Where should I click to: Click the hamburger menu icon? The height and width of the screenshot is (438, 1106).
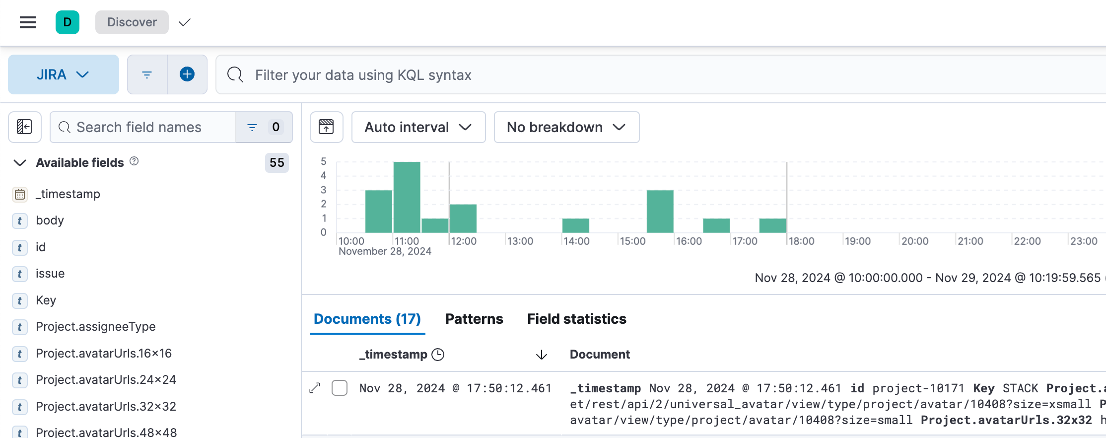(28, 22)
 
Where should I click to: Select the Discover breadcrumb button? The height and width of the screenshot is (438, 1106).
(132, 22)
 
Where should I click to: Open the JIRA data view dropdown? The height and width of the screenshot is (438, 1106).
(63, 74)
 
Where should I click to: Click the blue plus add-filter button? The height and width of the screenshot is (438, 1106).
(187, 74)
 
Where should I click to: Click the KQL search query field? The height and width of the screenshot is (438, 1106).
(645, 75)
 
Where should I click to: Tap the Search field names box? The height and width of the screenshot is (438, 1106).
(144, 127)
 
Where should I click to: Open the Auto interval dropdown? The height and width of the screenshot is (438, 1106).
(418, 127)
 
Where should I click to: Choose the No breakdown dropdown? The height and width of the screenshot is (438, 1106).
(566, 127)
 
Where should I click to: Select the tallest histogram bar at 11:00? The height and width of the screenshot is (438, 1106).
(407, 197)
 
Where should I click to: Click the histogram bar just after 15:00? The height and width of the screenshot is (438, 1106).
(660, 211)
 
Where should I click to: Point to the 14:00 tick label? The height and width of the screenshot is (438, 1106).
(576, 241)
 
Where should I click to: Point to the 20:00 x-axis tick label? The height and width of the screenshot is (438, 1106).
(914, 241)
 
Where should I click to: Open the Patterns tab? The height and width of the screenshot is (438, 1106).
(474, 319)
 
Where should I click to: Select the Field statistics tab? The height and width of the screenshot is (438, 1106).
(576, 319)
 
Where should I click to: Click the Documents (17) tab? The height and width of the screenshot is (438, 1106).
(367, 319)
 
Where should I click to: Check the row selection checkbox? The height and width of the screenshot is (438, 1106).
(340, 388)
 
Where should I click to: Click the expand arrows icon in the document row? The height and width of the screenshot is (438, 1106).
(315, 388)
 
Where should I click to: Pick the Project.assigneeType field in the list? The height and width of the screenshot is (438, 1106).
(96, 327)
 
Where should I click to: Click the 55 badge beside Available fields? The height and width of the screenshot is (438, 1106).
(276, 162)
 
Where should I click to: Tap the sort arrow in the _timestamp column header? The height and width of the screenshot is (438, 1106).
(542, 355)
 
